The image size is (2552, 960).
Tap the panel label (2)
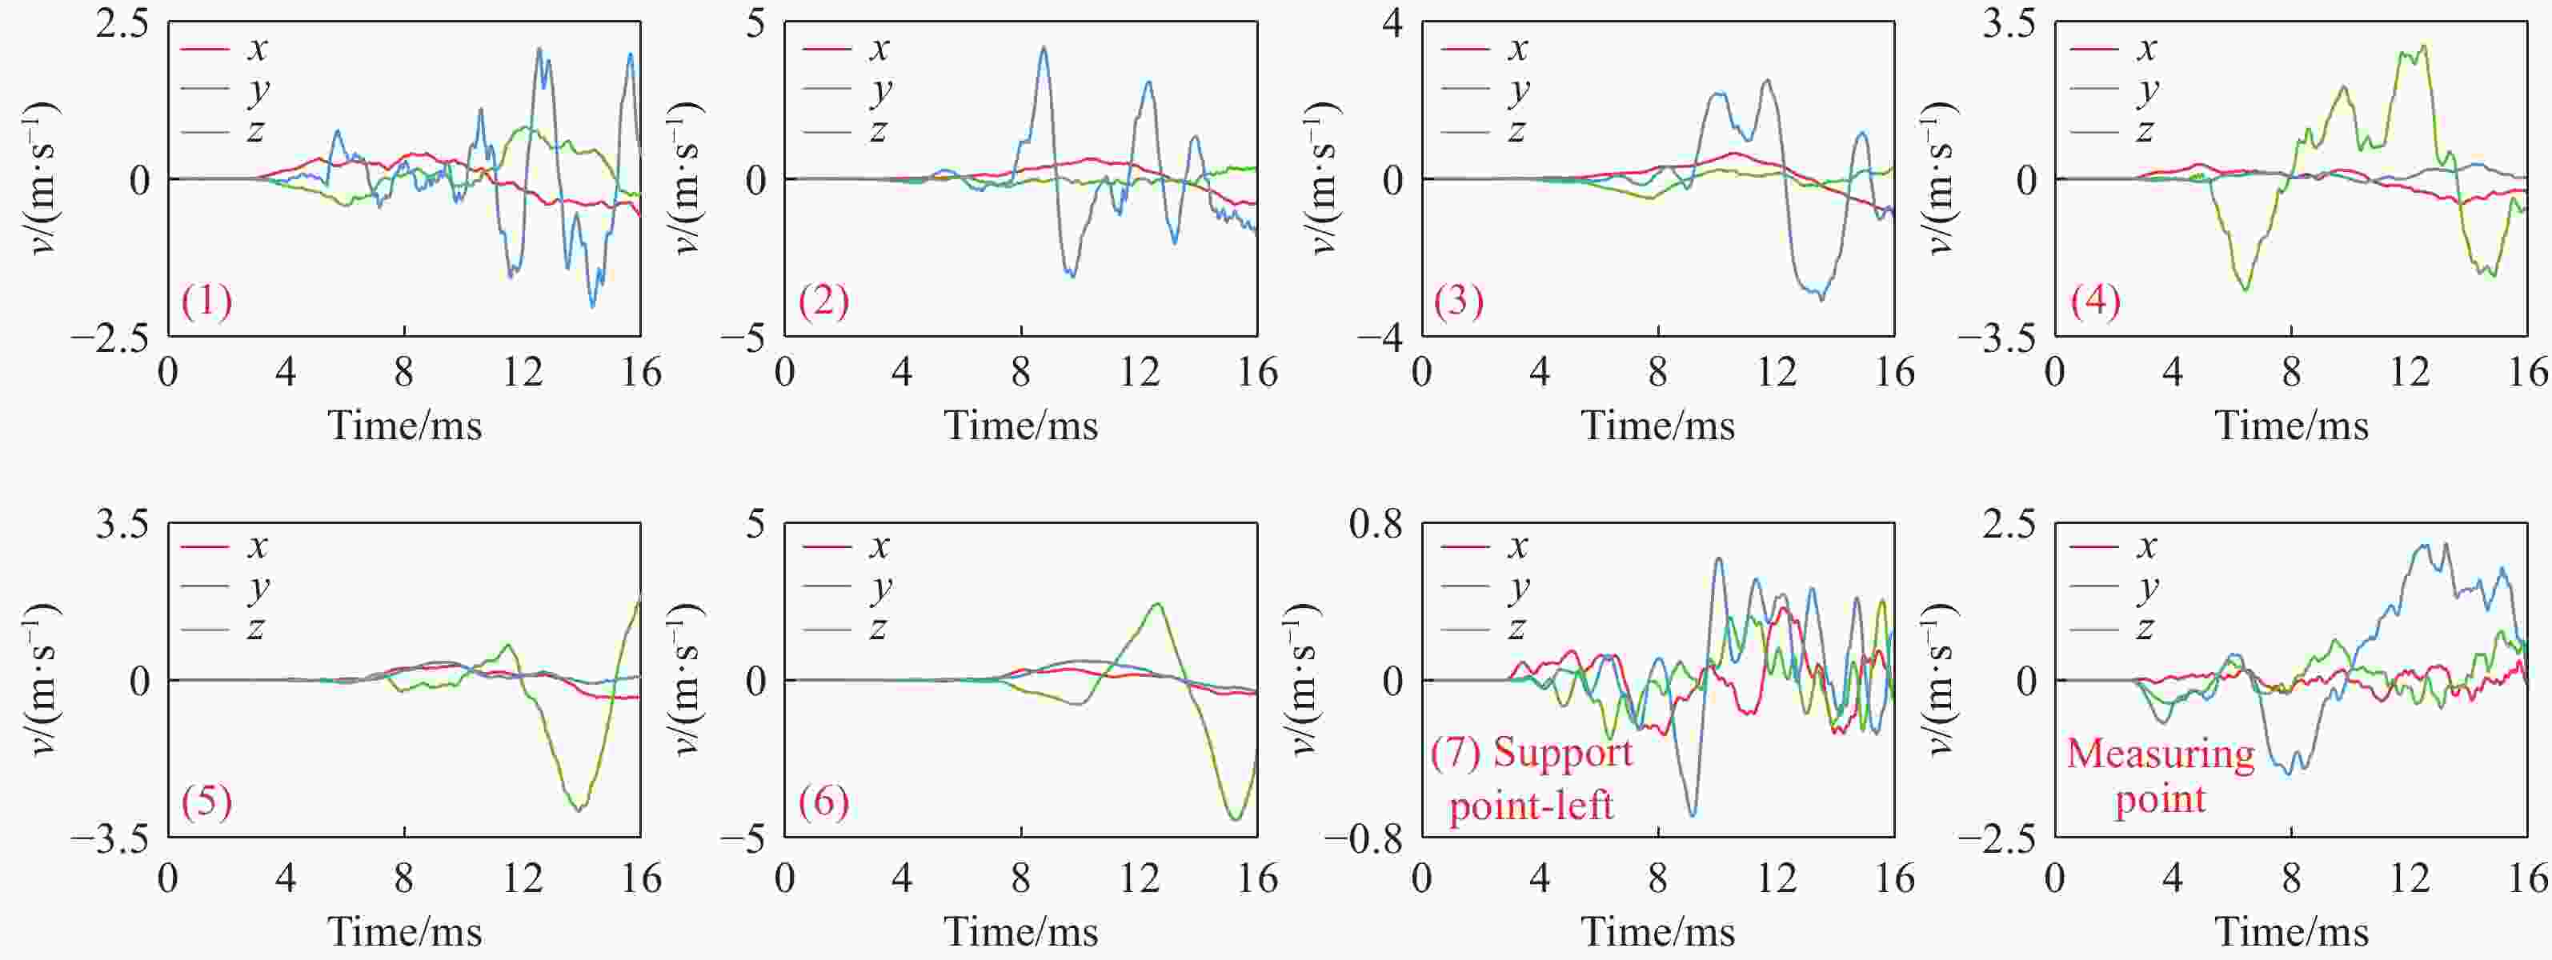(x=824, y=300)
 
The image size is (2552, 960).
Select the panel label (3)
(x=1458, y=300)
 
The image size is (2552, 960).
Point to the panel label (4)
(x=2095, y=300)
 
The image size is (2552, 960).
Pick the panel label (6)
(x=824, y=801)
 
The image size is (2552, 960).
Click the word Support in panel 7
(x=1562, y=753)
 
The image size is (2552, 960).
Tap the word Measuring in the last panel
(x=2160, y=755)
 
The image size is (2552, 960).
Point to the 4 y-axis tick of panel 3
(x=1394, y=24)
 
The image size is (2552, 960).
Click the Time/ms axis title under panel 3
(x=1657, y=426)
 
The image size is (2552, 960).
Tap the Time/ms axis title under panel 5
(x=404, y=931)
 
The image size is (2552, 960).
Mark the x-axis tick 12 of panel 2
(x=1140, y=373)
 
